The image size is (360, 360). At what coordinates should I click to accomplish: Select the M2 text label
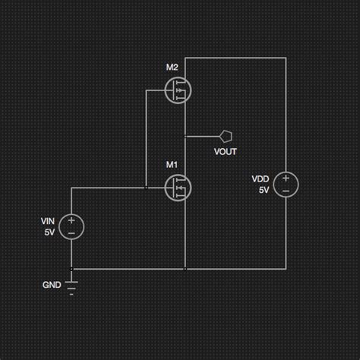(172, 68)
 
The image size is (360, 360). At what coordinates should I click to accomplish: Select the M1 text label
(172, 164)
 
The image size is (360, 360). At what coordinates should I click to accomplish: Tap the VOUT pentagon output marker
(226, 137)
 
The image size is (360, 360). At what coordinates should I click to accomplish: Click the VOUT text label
(226, 151)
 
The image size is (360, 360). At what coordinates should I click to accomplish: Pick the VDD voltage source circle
(286, 184)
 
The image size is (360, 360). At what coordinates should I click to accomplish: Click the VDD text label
(261, 179)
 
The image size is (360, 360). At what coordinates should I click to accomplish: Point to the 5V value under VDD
(264, 190)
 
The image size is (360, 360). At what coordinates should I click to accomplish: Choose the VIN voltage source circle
(71, 226)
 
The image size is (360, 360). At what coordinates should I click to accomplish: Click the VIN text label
(48, 221)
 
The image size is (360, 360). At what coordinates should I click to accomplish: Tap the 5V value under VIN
(49, 232)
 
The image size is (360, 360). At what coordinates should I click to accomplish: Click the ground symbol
(71, 287)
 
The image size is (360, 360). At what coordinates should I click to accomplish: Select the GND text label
(52, 286)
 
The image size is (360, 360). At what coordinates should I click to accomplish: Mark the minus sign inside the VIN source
(71, 232)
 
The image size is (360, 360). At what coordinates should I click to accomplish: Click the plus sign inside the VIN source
(71, 219)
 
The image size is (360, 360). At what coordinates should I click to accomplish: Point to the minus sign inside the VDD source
(286, 191)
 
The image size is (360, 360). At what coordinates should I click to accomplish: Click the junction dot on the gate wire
(146, 187)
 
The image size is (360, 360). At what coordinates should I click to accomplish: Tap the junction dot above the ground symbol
(71, 268)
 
